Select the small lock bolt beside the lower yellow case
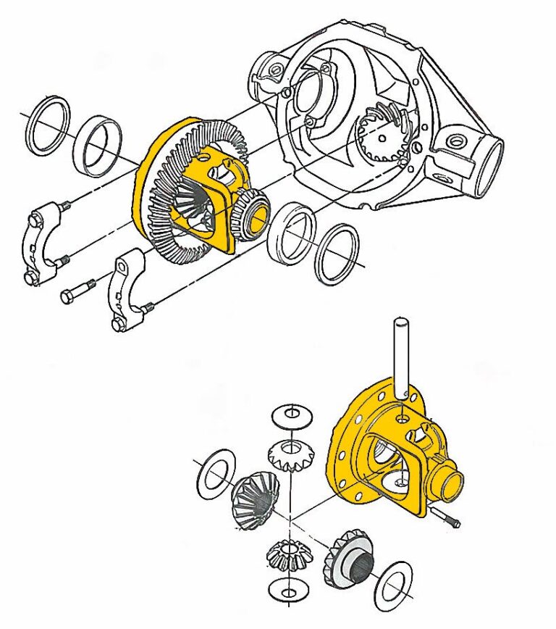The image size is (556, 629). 445,516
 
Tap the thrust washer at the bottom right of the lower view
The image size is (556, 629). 394,583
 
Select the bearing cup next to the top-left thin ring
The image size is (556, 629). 98,145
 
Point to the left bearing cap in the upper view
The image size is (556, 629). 44,243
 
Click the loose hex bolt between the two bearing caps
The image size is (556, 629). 77,291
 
